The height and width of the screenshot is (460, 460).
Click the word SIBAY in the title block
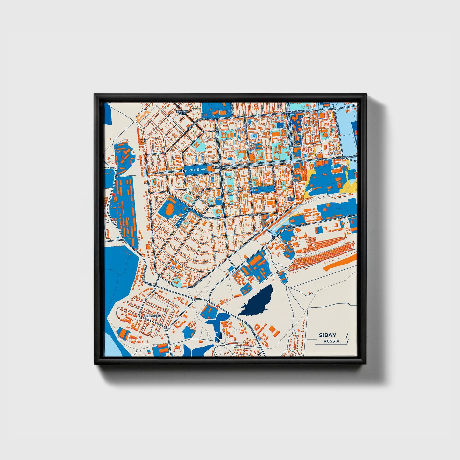[327, 335]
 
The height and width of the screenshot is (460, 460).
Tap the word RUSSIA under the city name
[331, 341]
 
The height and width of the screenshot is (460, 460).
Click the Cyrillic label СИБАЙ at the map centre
[216, 168]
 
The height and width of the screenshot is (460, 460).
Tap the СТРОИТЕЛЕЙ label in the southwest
[152, 316]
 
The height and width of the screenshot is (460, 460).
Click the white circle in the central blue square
[198, 170]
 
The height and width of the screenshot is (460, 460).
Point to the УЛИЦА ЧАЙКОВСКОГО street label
[296, 113]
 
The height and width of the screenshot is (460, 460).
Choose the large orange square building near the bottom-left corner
[123, 334]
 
